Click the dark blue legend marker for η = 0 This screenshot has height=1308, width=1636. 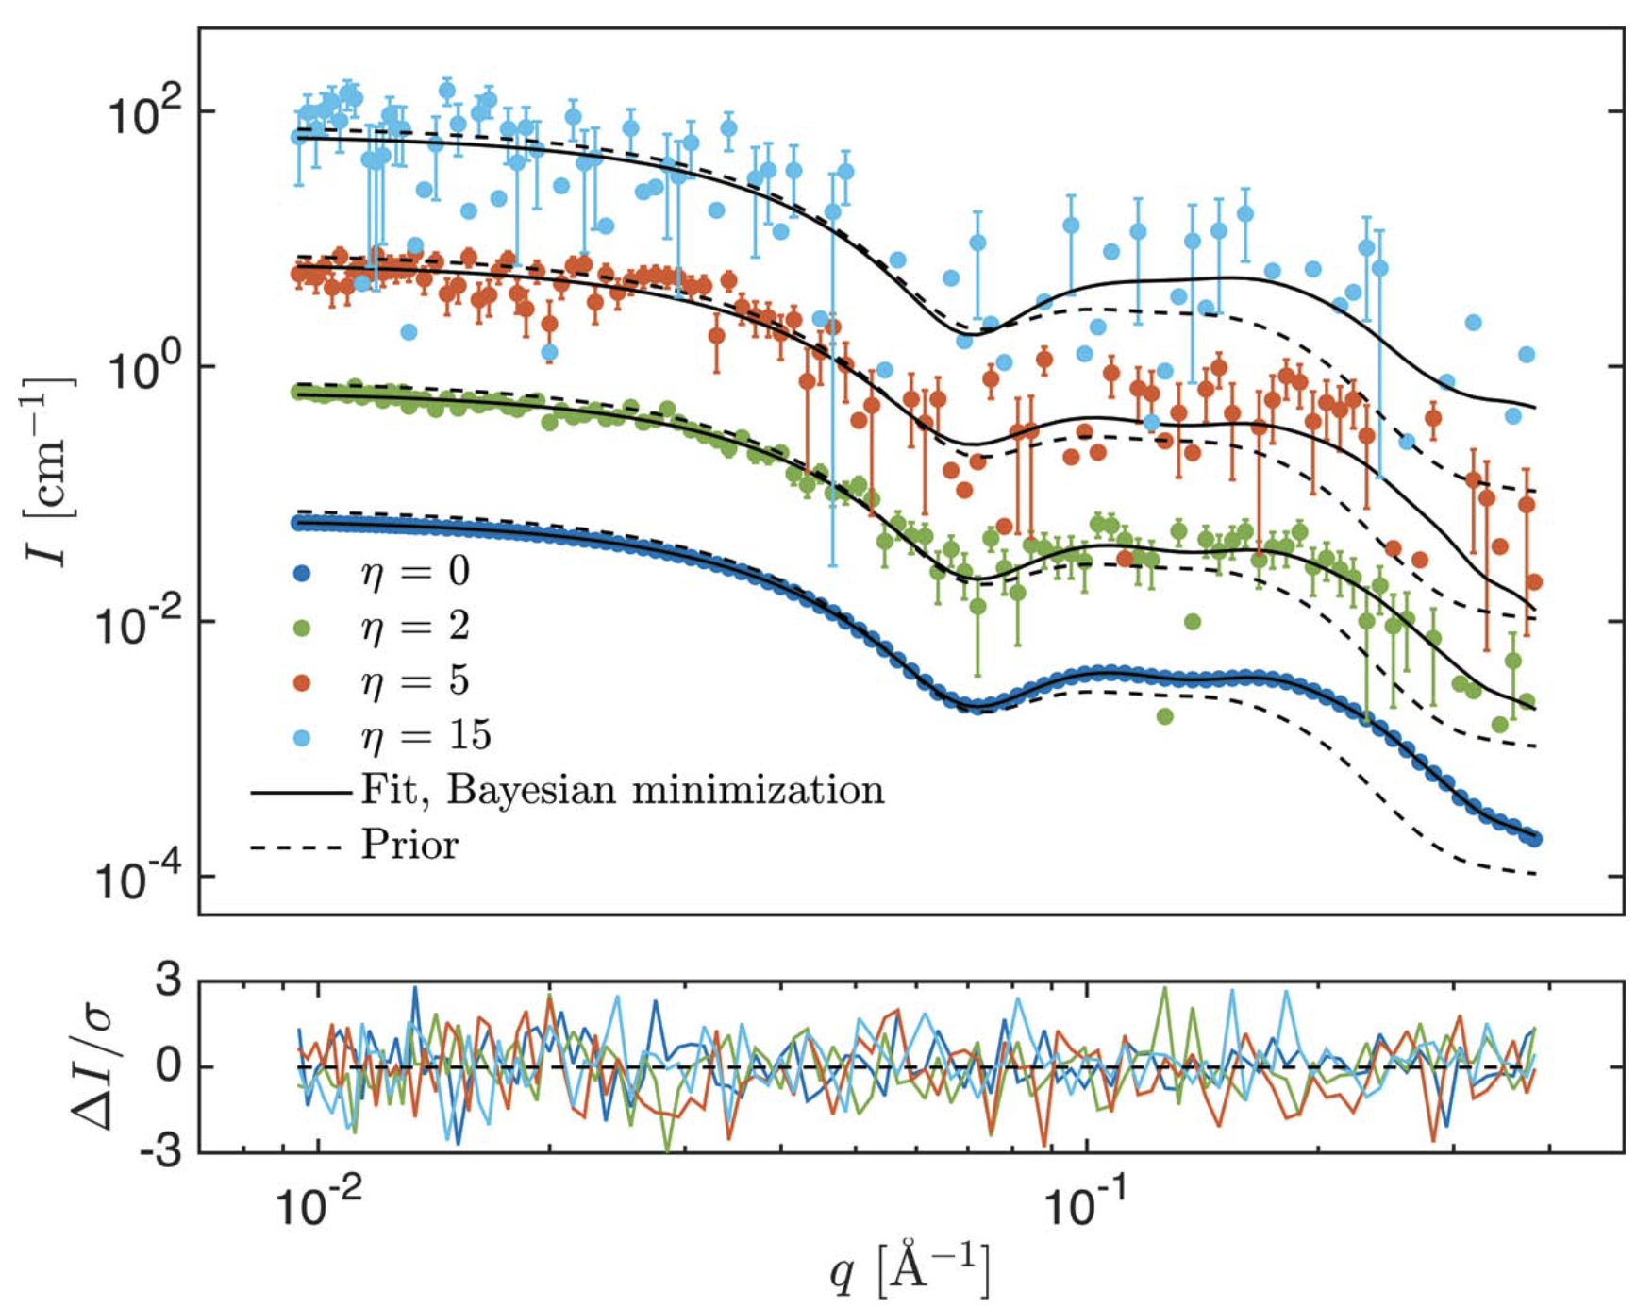pos(302,573)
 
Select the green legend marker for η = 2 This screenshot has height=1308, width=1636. pos(302,628)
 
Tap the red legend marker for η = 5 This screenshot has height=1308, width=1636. pos(302,682)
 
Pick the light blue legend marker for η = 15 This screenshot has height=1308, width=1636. pos(302,737)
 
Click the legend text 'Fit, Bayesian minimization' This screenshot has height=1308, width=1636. pos(623,791)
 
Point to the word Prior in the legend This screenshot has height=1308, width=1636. pos(409,845)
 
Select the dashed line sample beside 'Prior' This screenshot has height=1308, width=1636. pos(294,847)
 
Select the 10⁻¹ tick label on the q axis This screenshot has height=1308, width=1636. pos(1088,1205)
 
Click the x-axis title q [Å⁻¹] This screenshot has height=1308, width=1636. pos(910,1270)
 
